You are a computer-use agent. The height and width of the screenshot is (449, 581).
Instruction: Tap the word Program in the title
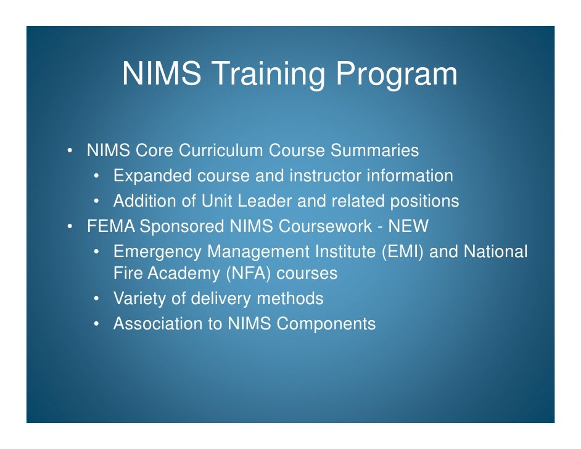[x=397, y=74]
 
